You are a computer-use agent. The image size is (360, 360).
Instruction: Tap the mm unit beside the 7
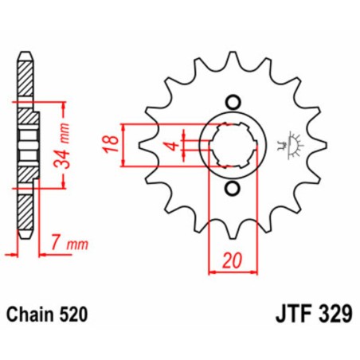pyautogui.click(x=72, y=241)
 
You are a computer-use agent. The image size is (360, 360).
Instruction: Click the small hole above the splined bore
pyautogui.click(x=233, y=102)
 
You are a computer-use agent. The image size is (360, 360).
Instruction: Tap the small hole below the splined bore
pyautogui.click(x=233, y=189)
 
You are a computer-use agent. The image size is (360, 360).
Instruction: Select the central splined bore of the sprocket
pyautogui.click(x=233, y=146)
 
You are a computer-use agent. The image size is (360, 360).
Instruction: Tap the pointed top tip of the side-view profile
pyautogui.click(x=26, y=57)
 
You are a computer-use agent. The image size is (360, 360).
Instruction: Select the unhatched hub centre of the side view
pyautogui.click(x=28, y=146)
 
